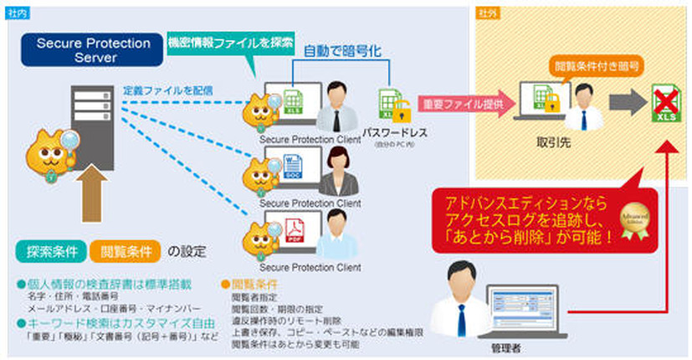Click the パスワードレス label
(x=396, y=132)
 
